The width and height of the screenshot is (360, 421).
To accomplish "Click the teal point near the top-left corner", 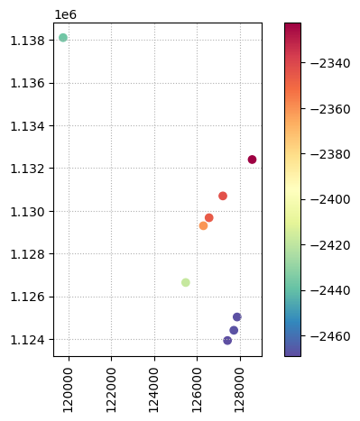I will [x=63, y=38].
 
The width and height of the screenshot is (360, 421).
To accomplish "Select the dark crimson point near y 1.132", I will [x=252, y=160].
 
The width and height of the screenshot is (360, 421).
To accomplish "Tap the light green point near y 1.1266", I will [x=186, y=282].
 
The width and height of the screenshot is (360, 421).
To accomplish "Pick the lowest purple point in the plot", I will [x=227, y=341].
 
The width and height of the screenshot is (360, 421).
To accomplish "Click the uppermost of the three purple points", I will [x=237, y=317].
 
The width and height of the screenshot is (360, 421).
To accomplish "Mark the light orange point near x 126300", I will [x=203, y=225].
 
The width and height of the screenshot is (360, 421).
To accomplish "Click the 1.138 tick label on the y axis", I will [x=28, y=41].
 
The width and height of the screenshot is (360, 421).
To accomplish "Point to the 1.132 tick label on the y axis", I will [x=28, y=169].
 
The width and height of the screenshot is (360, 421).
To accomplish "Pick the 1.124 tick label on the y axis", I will [x=28, y=340].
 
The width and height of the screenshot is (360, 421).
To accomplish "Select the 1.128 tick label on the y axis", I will [x=28, y=254].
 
